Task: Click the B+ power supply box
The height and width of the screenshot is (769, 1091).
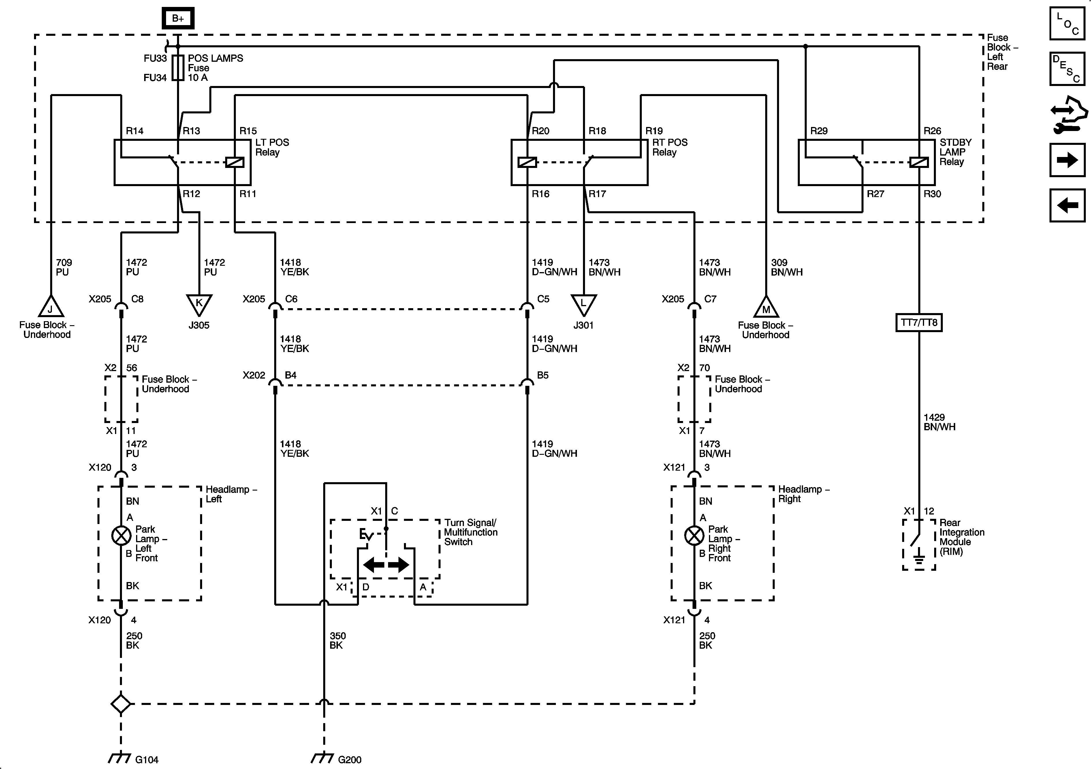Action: point(178,18)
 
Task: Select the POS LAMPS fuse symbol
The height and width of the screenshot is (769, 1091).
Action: point(178,68)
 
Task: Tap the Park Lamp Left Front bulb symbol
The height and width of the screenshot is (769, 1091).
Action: point(121,536)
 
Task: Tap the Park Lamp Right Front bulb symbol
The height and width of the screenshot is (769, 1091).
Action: point(694,536)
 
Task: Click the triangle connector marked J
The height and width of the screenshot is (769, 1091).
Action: point(50,307)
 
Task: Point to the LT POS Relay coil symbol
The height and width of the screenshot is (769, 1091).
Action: point(235,162)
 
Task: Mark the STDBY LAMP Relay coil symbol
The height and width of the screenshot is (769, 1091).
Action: point(919,162)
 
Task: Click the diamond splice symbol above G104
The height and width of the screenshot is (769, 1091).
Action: point(121,704)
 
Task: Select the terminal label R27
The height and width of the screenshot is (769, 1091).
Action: point(875,194)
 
